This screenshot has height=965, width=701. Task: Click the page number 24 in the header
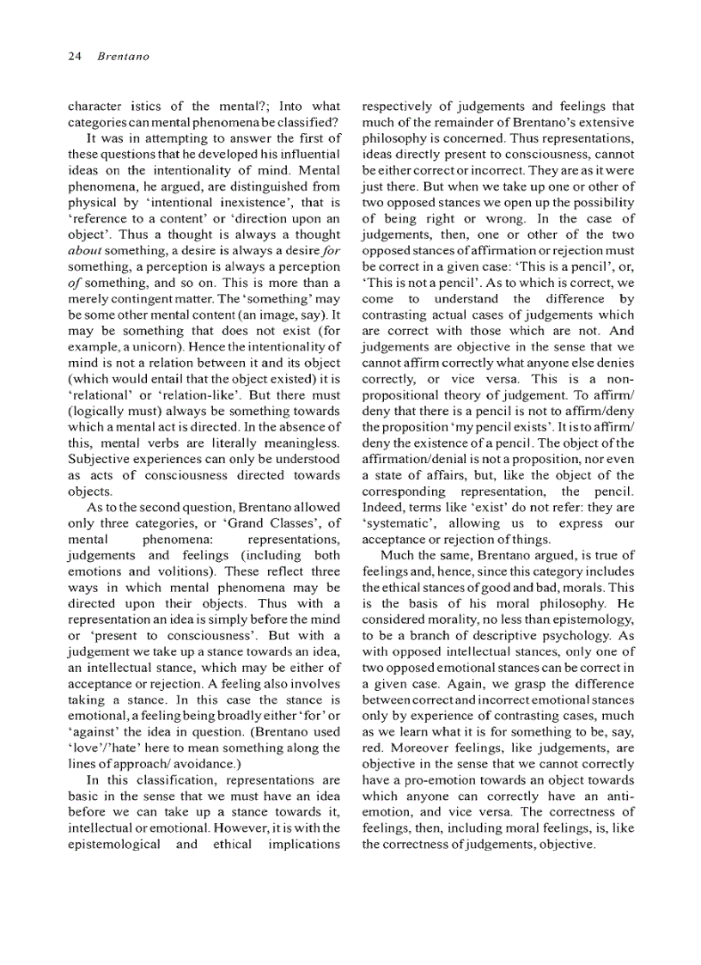pyautogui.click(x=74, y=57)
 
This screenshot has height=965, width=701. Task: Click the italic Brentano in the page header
pyautogui.click(x=122, y=57)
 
